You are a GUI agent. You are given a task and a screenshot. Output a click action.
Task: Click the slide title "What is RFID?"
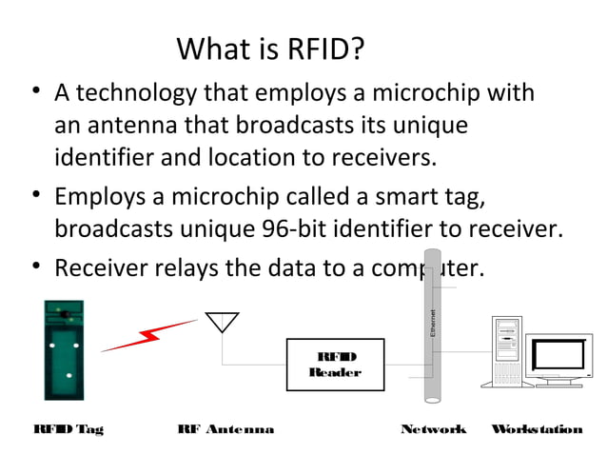point(270,49)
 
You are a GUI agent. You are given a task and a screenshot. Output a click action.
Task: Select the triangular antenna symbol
point(223,323)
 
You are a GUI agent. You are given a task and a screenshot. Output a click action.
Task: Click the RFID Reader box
point(335,364)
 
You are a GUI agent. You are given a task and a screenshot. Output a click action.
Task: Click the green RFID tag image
point(64,349)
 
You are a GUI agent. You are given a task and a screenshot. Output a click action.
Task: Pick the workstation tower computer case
point(506,350)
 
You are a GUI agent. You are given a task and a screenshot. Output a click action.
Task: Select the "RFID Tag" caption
point(68,429)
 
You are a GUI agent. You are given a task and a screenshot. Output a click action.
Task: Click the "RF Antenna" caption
point(225,429)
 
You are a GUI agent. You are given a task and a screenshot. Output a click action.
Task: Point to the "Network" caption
point(434,429)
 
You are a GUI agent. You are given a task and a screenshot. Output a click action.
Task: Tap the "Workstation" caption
point(537,429)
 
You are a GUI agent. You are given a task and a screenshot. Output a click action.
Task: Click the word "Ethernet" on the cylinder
point(433,323)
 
